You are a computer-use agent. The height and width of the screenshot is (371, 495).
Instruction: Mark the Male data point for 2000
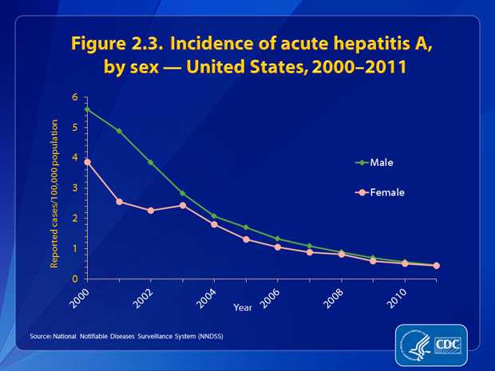[87, 109]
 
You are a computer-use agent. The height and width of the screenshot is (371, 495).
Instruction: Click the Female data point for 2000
[87, 162]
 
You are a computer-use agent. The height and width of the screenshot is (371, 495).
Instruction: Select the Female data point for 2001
[119, 202]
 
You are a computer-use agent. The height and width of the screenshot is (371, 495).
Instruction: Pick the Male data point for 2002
[150, 162]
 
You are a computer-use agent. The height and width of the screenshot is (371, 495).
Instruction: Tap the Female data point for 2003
[182, 205]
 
